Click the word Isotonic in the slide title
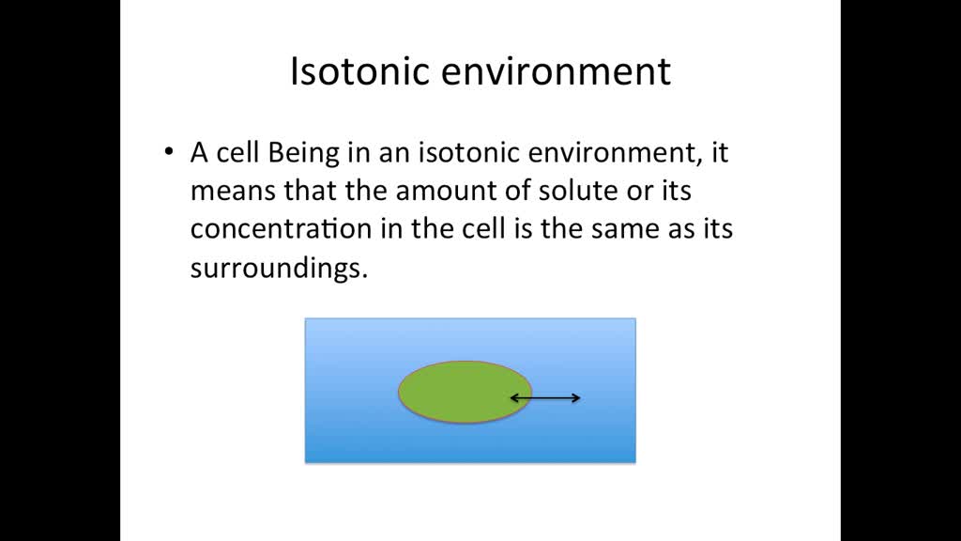tap(352, 72)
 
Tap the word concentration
tap(271, 229)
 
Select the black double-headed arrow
tap(544, 398)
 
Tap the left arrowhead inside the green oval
tap(512, 398)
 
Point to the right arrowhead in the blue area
tap(576, 398)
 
